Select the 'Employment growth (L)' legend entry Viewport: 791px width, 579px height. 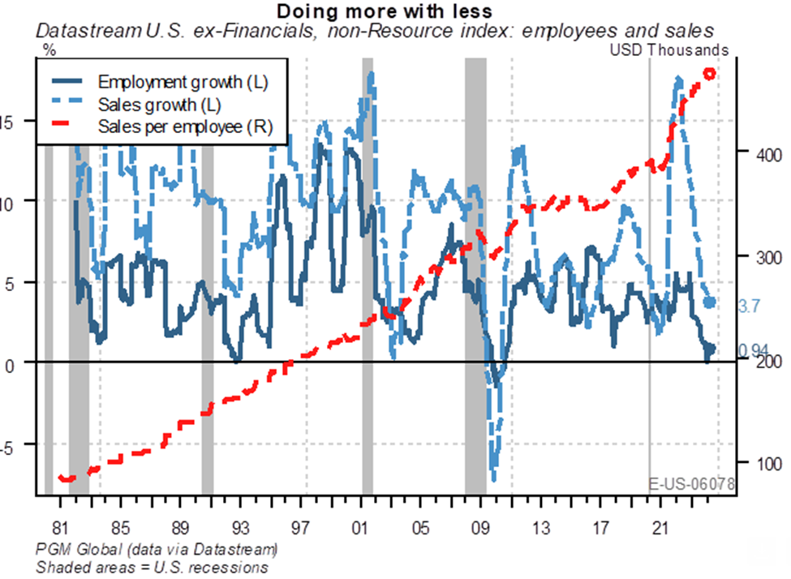tap(182, 82)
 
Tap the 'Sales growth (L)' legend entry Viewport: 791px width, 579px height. tap(160, 104)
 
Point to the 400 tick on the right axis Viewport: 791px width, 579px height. tap(757, 154)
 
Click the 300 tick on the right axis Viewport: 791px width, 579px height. tap(757, 257)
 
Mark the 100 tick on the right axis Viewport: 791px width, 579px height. tap(757, 464)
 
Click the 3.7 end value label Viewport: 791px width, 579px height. tap(750, 306)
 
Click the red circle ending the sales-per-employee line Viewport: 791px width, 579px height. tap(708, 74)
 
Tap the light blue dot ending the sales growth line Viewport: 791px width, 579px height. tap(710, 302)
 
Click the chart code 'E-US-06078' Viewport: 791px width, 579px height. tap(692, 484)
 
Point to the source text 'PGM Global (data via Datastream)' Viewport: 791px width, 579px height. tap(157, 549)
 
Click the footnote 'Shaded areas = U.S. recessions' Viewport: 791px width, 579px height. tap(152, 567)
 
